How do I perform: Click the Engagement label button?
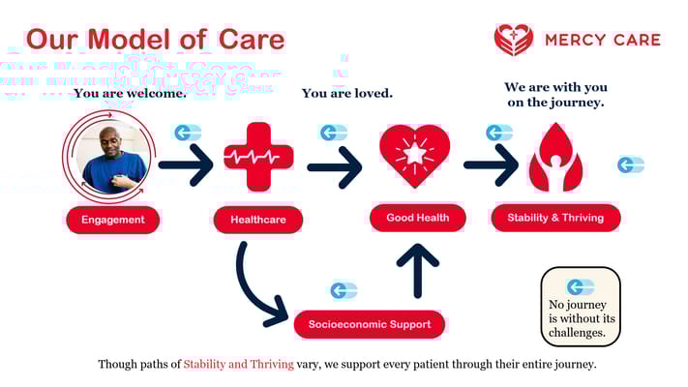tap(112, 220)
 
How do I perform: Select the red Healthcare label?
tap(257, 220)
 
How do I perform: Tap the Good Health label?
tap(417, 218)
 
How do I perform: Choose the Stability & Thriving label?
tap(555, 218)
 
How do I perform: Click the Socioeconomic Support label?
tap(369, 323)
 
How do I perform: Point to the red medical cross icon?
tap(258, 158)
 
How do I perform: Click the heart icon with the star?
tap(414, 156)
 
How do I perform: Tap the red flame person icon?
tap(555, 158)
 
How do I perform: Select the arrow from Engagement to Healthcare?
tap(185, 165)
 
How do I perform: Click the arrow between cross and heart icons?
tap(334, 166)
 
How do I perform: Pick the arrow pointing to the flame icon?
tap(491, 165)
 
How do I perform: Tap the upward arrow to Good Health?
tap(417, 270)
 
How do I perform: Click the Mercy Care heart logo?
tap(513, 40)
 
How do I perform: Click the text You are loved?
tap(346, 94)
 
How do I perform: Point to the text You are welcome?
tap(130, 94)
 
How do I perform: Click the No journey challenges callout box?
tap(580, 307)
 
